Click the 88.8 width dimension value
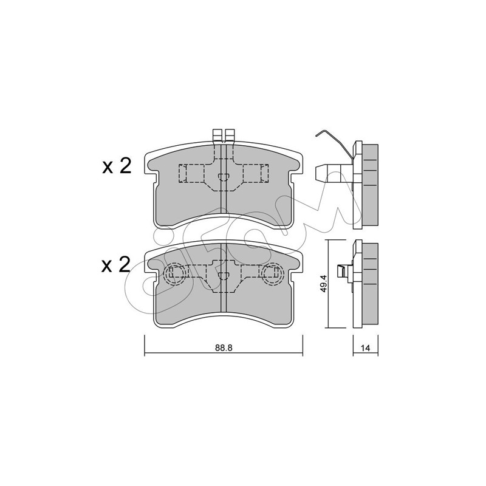224,347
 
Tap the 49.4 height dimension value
324,284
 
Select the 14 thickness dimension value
366,348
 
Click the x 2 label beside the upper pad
117,166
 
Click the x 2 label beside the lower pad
116,265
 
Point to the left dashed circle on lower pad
176,273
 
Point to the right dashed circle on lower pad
273,273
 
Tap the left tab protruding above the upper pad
217,135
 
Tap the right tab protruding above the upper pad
230,135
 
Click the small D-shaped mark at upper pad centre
224,177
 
